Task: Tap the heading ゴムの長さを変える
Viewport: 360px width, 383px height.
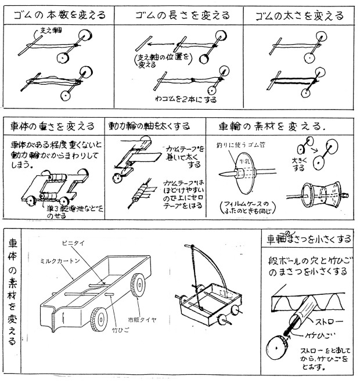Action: pos(178,15)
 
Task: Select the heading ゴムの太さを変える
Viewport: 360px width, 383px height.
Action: pos(297,16)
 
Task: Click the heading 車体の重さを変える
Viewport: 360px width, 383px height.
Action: pos(52,125)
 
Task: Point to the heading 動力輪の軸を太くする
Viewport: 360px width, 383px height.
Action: pos(154,125)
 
